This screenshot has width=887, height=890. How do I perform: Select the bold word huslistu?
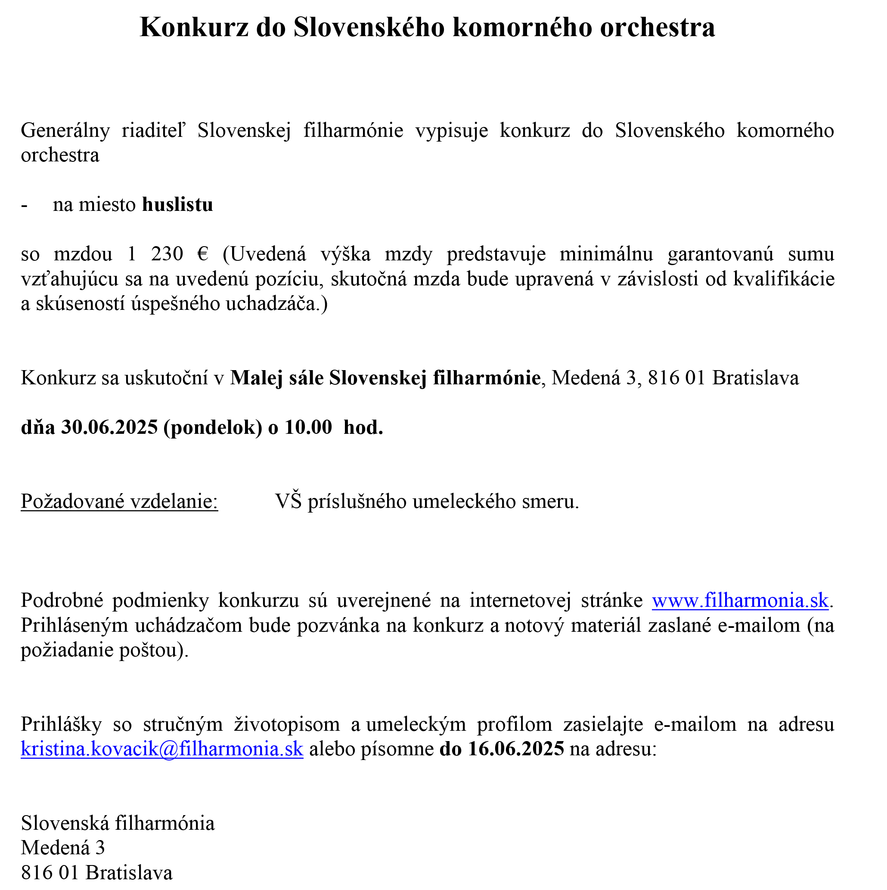177,204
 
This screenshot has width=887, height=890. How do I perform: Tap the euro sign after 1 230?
202,254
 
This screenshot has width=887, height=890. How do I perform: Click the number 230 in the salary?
167,254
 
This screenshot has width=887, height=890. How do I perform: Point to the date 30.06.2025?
110,427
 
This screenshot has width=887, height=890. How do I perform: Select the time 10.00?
308,427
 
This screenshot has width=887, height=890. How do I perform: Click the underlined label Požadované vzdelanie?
119,501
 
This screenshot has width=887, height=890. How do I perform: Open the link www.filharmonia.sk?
740,601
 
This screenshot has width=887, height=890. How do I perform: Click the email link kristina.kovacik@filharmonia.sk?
162,749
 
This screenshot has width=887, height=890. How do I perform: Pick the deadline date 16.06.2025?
515,749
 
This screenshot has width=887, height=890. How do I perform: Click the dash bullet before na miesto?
25,204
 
